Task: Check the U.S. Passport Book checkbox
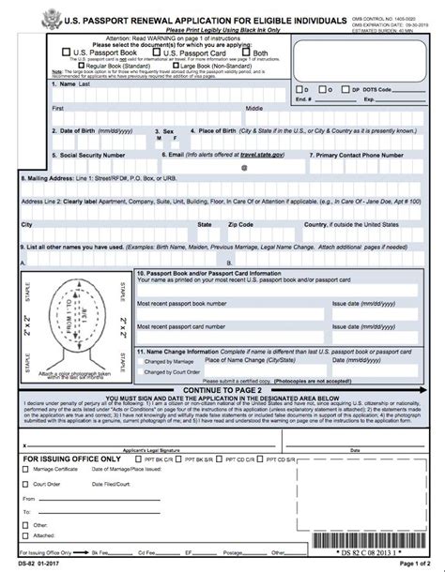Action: coord(66,53)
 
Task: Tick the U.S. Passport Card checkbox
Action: coord(159,53)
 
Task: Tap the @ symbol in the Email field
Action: coord(244,168)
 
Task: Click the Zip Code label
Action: coord(240,225)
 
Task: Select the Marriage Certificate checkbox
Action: coord(27,461)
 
